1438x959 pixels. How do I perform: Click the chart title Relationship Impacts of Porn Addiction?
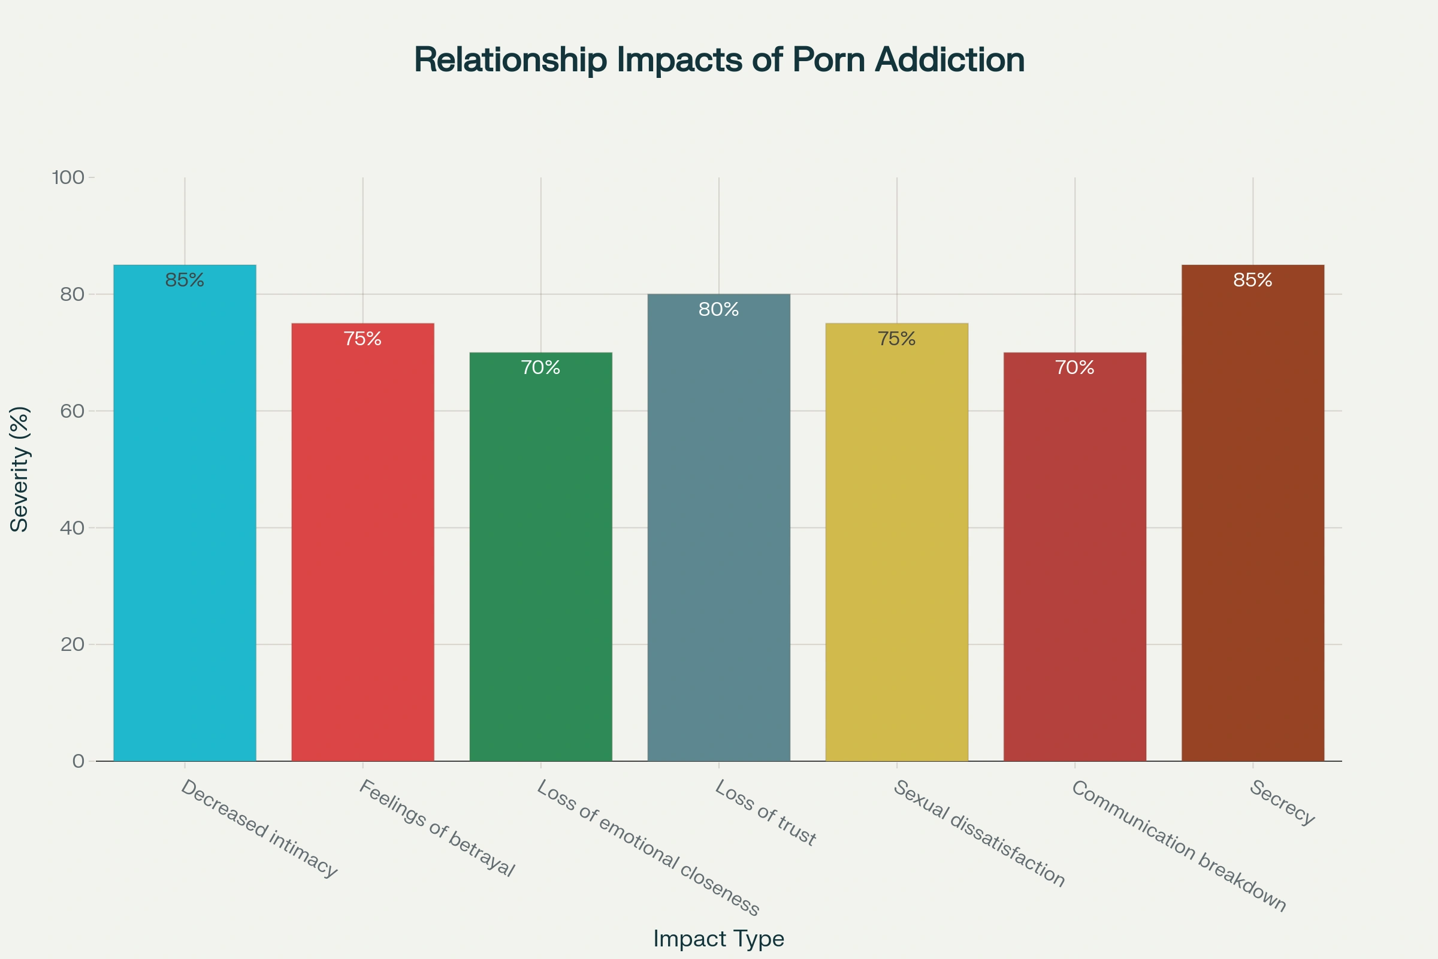[x=719, y=60]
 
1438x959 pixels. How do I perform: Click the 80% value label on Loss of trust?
[x=718, y=309]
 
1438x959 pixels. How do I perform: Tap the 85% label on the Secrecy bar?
[x=1252, y=280]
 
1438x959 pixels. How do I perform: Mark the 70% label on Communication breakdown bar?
[x=1074, y=367]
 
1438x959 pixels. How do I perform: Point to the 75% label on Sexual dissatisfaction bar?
[x=896, y=339]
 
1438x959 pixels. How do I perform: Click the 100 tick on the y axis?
[x=68, y=178]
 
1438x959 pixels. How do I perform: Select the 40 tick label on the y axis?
[x=72, y=528]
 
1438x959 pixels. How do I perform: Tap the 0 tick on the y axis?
[x=78, y=761]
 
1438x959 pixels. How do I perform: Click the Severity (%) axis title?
[x=20, y=469]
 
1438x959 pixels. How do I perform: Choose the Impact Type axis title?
[x=718, y=938]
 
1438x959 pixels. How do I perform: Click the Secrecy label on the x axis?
[x=1282, y=803]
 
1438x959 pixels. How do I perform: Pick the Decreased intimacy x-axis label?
[x=259, y=829]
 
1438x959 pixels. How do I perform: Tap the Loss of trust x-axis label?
[x=765, y=813]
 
